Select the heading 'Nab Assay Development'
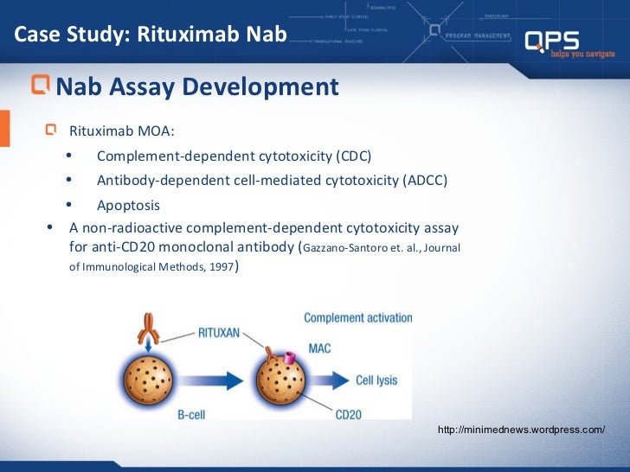click(197, 86)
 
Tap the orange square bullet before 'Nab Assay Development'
click(41, 86)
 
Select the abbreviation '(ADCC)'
click(426, 181)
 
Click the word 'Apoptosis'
click(128, 206)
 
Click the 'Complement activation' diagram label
click(357, 318)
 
